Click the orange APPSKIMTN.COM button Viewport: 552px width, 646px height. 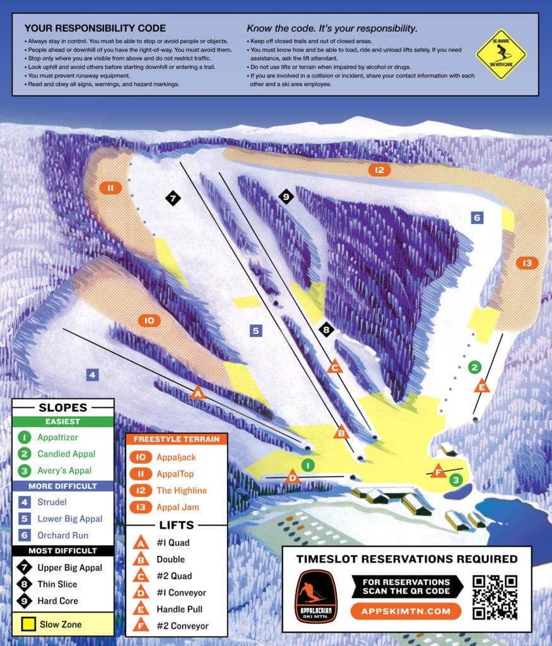click(406, 611)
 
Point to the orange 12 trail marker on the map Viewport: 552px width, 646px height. click(379, 170)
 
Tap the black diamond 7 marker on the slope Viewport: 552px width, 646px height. click(173, 198)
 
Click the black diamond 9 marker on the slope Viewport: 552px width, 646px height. click(286, 197)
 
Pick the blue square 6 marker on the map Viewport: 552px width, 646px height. click(477, 218)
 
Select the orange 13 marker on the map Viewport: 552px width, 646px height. click(527, 263)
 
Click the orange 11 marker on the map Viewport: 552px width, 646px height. click(110, 187)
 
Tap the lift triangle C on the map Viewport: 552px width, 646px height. click(335, 367)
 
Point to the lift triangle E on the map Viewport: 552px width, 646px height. click(482, 386)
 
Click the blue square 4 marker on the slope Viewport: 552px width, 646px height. click(92, 375)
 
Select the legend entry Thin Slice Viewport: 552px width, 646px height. click(57, 584)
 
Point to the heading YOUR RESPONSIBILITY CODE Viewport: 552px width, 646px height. click(95, 28)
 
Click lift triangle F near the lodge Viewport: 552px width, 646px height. click(437, 471)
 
